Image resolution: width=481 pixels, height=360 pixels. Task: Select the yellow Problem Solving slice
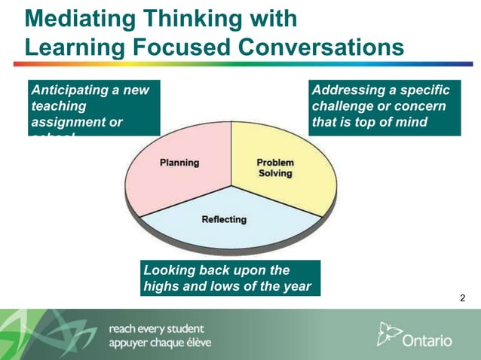(279, 169)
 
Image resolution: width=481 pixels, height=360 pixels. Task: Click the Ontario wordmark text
(427, 340)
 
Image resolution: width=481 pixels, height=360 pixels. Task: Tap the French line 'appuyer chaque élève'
(160, 343)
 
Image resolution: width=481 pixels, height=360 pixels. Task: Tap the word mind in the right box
(411, 121)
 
